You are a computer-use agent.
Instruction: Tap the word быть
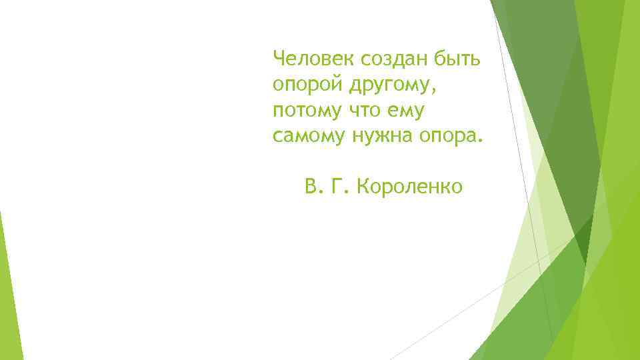[458, 59]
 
